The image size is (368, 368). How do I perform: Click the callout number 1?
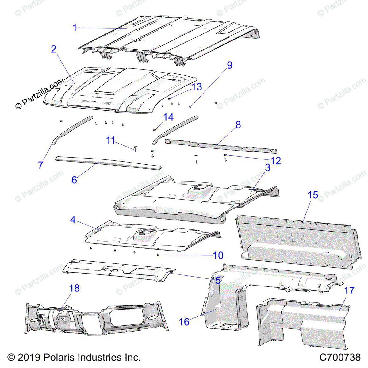(x=75, y=28)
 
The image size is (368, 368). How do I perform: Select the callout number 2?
(x=54, y=49)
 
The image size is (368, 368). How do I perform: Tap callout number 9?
(x=230, y=65)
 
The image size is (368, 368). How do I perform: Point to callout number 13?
(x=197, y=87)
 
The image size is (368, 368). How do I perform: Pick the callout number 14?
(x=168, y=117)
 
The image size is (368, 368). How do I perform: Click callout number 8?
(x=238, y=125)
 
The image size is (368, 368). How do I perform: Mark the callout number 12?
(x=276, y=161)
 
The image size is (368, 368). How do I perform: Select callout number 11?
(x=110, y=140)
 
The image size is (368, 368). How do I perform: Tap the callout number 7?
(x=40, y=165)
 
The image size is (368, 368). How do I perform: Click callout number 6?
(x=74, y=180)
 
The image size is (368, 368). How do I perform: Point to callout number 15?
(x=313, y=195)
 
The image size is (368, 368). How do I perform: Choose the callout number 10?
(x=218, y=255)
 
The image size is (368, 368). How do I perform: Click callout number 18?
(x=74, y=288)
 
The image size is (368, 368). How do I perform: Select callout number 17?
(x=349, y=290)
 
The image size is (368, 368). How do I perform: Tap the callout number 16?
(x=184, y=322)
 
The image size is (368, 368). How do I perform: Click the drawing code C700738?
(x=340, y=357)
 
